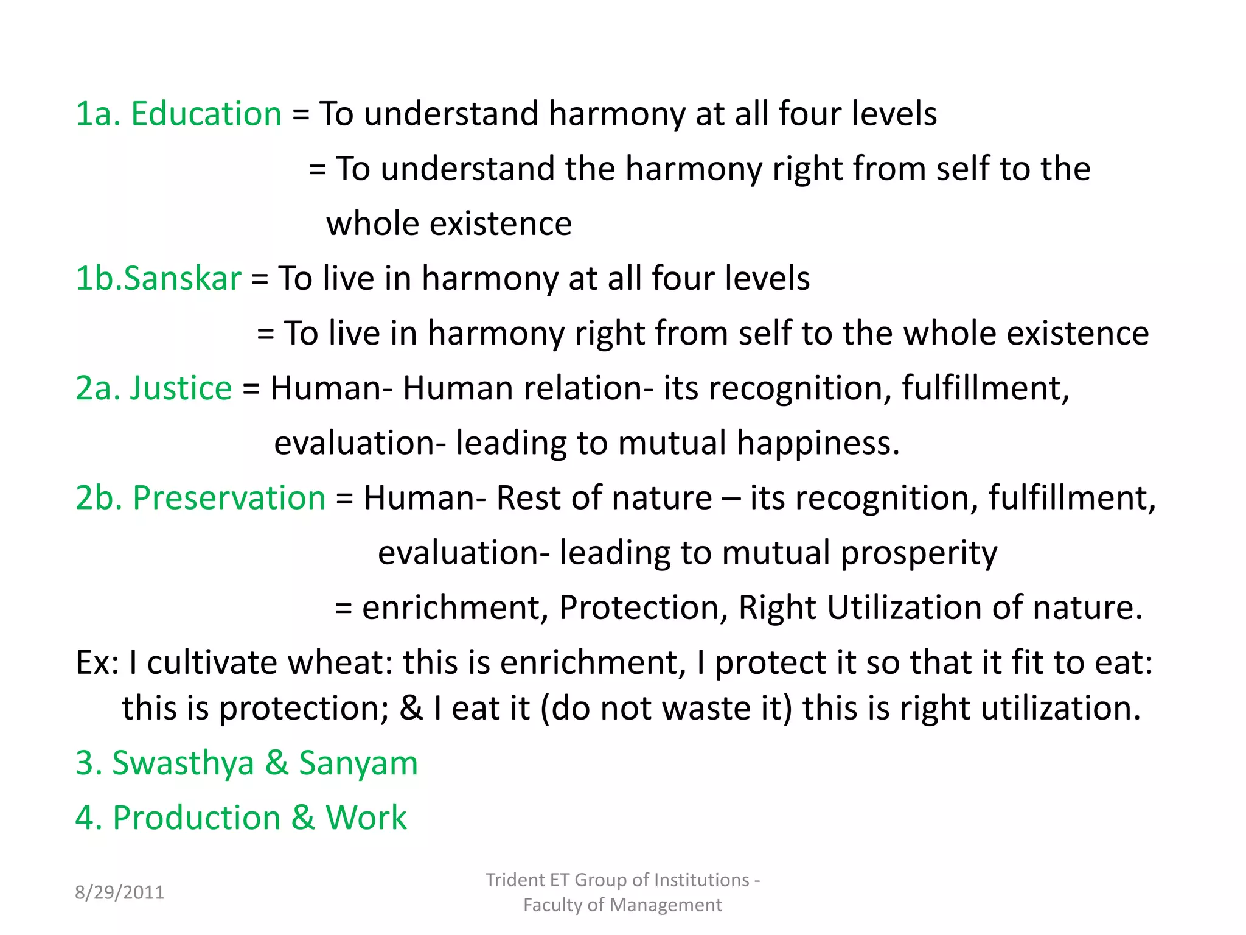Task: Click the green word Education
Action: pyautogui.click(x=206, y=114)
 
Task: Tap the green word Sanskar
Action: pyautogui.click(x=183, y=278)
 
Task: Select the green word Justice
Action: pyautogui.click(x=181, y=388)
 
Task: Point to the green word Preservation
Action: pyautogui.click(x=229, y=497)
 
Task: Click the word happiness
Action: pyautogui.click(x=818, y=443)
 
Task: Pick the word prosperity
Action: pyautogui.click(x=919, y=553)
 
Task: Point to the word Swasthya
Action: pyautogui.click(x=183, y=763)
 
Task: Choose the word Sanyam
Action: pyautogui.click(x=358, y=763)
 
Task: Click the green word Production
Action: pyautogui.click(x=197, y=818)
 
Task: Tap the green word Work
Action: pyautogui.click(x=366, y=818)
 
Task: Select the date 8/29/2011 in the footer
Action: pyautogui.click(x=119, y=892)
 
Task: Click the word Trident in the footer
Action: pyautogui.click(x=515, y=880)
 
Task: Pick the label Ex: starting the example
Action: pyautogui.click(x=97, y=662)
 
